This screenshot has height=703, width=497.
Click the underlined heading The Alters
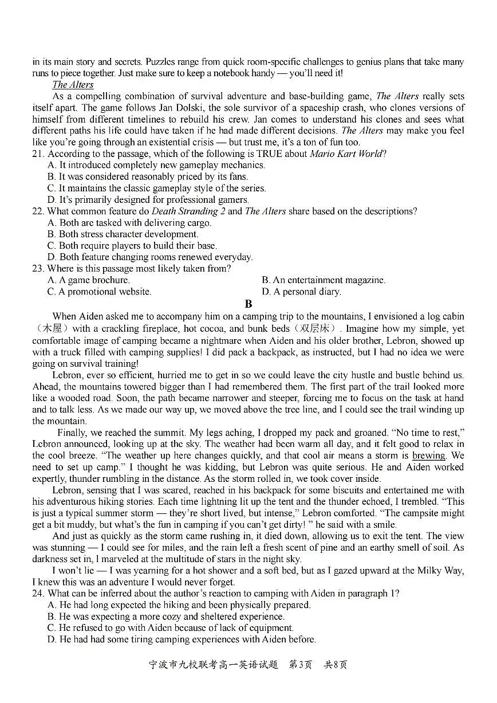73,85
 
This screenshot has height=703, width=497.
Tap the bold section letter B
248,304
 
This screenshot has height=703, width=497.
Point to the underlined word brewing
428,456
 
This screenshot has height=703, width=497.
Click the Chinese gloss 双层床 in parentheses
314,329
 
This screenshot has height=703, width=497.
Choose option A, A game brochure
89,280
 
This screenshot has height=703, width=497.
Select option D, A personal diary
301,292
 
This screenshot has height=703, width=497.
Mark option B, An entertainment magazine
324,280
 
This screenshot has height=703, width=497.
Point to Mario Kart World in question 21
346,154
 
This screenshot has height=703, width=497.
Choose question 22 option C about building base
132,246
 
